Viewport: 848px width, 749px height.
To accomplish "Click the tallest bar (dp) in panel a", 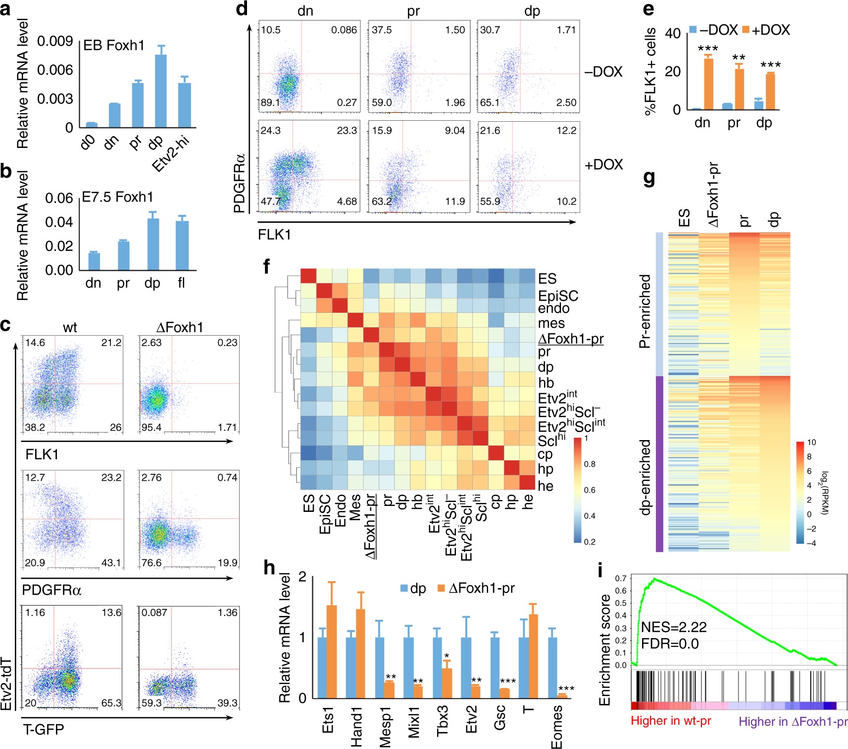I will pyautogui.click(x=160, y=91).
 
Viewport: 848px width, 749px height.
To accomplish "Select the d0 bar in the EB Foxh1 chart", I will pyautogui.click(x=92, y=125).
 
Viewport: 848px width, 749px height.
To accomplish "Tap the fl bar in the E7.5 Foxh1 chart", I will pyautogui.click(x=182, y=245).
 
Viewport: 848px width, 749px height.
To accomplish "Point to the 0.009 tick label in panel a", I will pyautogui.click(x=55, y=41).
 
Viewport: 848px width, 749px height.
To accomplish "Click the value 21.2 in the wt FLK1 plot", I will pyautogui.click(x=111, y=343).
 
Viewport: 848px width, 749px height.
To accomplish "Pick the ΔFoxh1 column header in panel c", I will pyautogui.click(x=179, y=327).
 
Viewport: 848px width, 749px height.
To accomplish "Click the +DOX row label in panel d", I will pyautogui.click(x=603, y=164).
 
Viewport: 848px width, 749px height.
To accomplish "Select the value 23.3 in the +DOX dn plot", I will pyautogui.click(x=347, y=131).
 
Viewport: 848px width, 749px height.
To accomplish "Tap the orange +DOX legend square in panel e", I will pyautogui.click(x=746, y=30).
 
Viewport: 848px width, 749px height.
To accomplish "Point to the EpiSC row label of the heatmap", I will pyautogui.click(x=558, y=296).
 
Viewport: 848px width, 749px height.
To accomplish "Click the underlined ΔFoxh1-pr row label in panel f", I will pyautogui.click(x=570, y=339).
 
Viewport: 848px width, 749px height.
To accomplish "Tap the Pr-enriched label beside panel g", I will pyautogui.click(x=645, y=311).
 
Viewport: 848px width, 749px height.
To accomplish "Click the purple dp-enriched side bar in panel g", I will pyautogui.click(x=659, y=463).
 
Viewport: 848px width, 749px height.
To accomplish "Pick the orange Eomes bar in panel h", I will pyautogui.click(x=562, y=696).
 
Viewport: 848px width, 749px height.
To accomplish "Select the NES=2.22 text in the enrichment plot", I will pyautogui.click(x=674, y=627).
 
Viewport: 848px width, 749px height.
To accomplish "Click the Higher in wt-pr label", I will pyautogui.click(x=671, y=720).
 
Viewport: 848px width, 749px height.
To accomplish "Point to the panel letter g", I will pyautogui.click(x=649, y=177).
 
